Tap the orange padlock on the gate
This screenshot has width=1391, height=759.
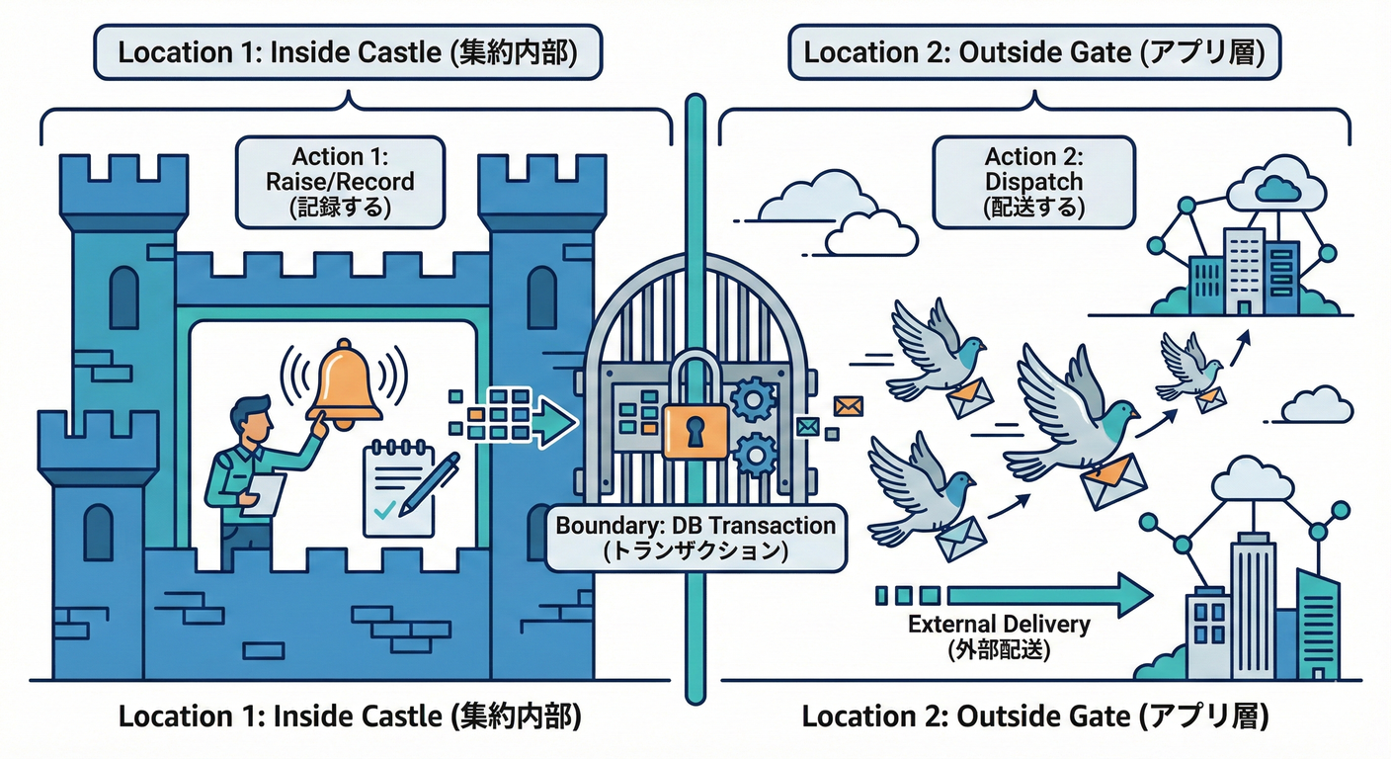coord(695,420)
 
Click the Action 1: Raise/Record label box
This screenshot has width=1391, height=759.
coord(339,182)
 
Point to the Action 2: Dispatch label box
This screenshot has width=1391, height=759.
coord(1033,182)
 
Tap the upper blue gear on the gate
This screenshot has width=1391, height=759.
coord(754,401)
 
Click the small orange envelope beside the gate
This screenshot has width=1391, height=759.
coord(848,404)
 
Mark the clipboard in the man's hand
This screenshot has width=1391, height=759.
coord(264,493)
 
